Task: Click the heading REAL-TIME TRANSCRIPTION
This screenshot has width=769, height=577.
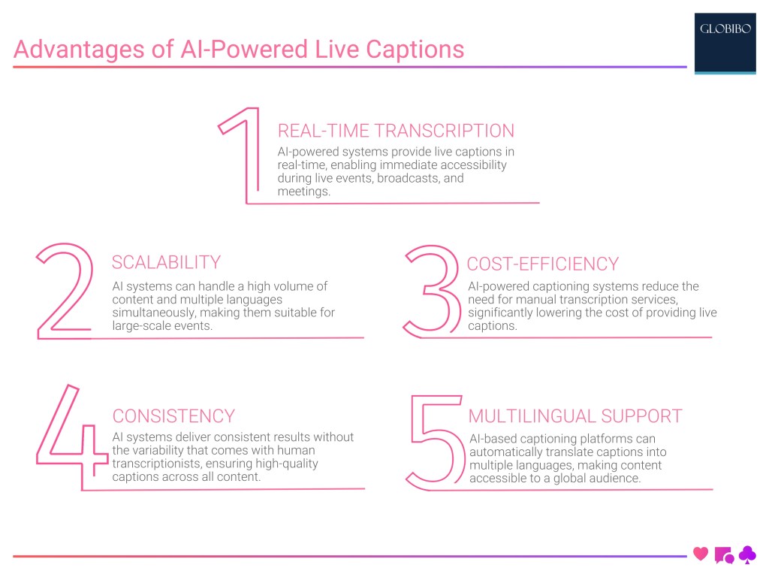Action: [396, 131]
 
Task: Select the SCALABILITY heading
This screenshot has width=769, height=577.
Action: [166, 262]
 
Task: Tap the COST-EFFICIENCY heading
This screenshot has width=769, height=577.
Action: [542, 264]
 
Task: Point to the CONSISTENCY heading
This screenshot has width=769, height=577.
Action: [173, 415]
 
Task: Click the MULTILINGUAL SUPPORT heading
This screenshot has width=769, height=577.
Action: [574, 415]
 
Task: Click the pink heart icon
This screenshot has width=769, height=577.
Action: [701, 554]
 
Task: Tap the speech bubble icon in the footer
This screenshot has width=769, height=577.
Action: [724, 555]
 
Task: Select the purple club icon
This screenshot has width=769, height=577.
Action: [747, 554]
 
